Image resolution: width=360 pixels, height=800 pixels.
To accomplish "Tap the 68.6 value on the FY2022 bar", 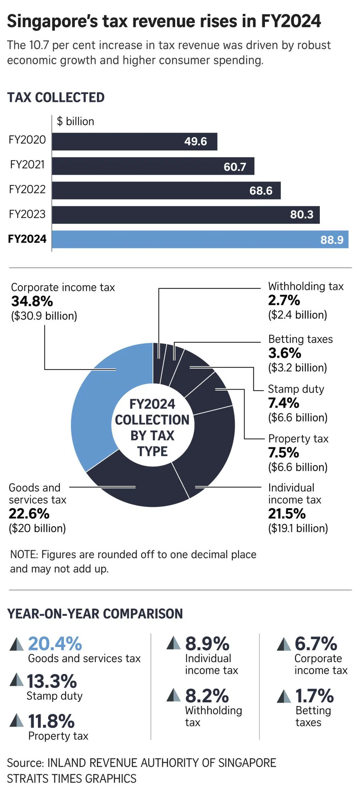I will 261,191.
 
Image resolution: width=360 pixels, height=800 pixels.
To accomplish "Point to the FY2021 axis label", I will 27,165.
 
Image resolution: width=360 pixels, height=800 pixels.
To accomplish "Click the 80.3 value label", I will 302,215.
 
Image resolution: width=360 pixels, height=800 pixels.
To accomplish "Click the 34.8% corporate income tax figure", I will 32,301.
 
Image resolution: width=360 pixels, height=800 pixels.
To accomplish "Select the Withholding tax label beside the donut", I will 306,286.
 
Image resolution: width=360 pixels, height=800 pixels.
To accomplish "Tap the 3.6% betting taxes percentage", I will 285,353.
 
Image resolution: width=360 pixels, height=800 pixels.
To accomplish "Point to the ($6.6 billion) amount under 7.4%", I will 297,417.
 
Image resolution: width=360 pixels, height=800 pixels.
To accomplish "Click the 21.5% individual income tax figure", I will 287,514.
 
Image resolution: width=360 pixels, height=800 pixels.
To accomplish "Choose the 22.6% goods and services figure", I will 29,514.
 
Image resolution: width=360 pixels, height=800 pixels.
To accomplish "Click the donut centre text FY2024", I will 152,404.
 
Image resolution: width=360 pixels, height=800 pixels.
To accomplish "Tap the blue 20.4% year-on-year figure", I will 55,644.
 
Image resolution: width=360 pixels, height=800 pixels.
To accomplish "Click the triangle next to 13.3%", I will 16,680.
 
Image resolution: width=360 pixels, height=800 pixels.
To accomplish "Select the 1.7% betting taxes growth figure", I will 314,695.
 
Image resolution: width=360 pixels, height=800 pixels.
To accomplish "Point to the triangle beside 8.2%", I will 173,695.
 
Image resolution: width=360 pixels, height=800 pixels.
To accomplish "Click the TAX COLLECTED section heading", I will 56,97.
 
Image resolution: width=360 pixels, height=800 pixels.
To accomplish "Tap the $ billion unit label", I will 75,121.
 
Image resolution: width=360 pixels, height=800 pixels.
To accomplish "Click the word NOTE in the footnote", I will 24,555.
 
